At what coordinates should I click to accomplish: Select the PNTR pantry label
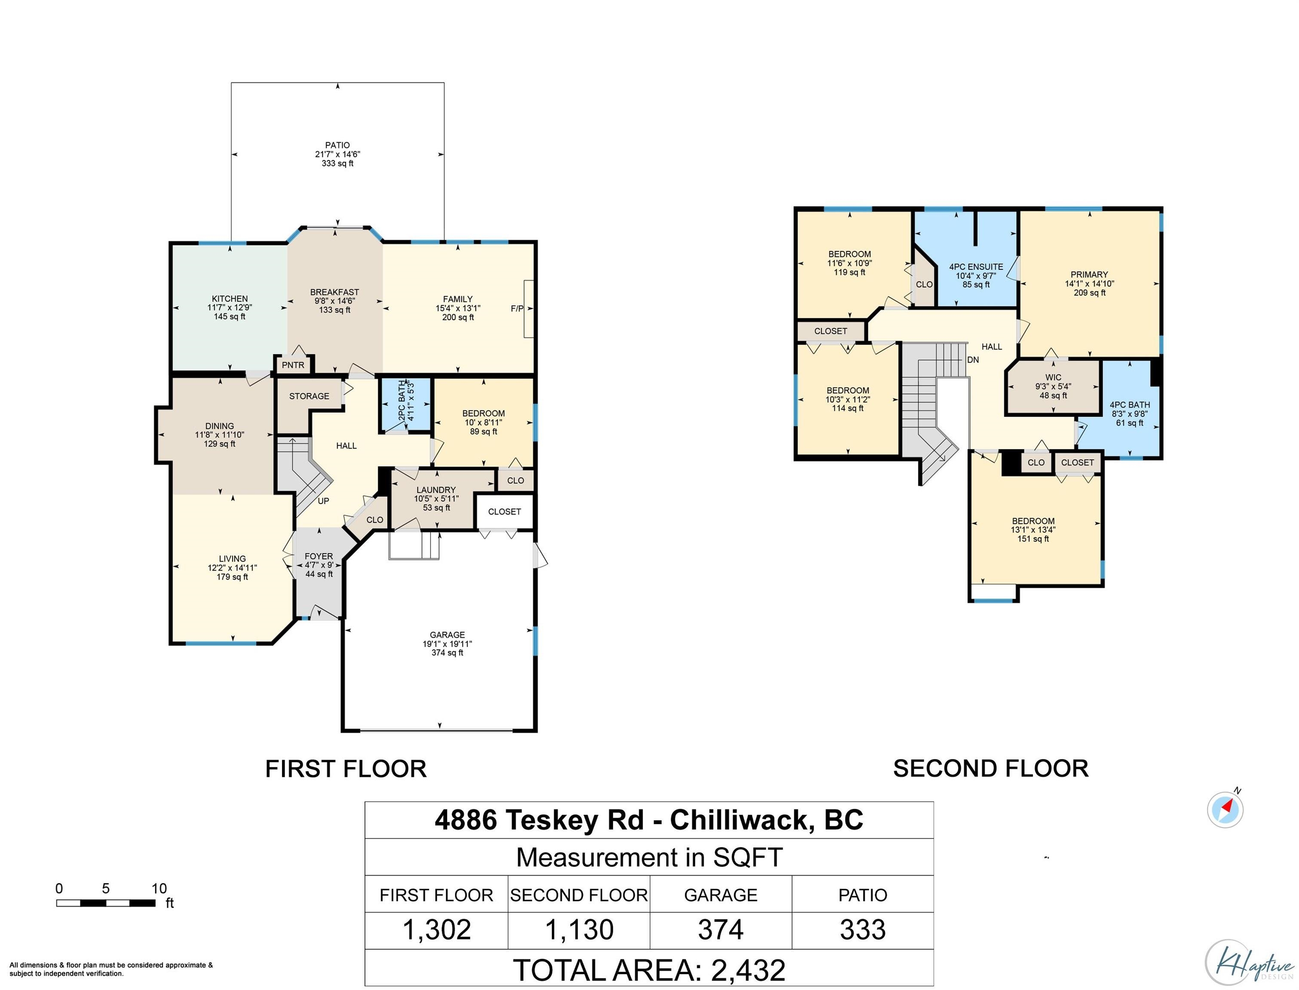click(x=293, y=365)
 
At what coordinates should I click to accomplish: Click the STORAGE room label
click(x=309, y=396)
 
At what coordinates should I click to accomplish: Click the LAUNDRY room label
click(x=436, y=490)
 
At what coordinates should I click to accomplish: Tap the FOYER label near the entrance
click(x=319, y=556)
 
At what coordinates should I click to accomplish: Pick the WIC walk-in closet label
click(x=1053, y=377)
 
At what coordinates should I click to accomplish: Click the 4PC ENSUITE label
click(x=976, y=267)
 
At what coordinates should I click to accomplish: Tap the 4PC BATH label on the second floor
click(x=1130, y=405)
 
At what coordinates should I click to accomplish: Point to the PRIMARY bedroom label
click(x=1089, y=275)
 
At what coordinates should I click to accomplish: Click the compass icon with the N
click(x=1225, y=809)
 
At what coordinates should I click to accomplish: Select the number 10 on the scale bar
click(x=159, y=889)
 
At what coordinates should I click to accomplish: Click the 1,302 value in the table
click(x=437, y=930)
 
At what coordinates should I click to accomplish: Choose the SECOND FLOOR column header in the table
click(x=579, y=895)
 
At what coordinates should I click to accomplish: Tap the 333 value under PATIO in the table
click(x=863, y=930)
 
